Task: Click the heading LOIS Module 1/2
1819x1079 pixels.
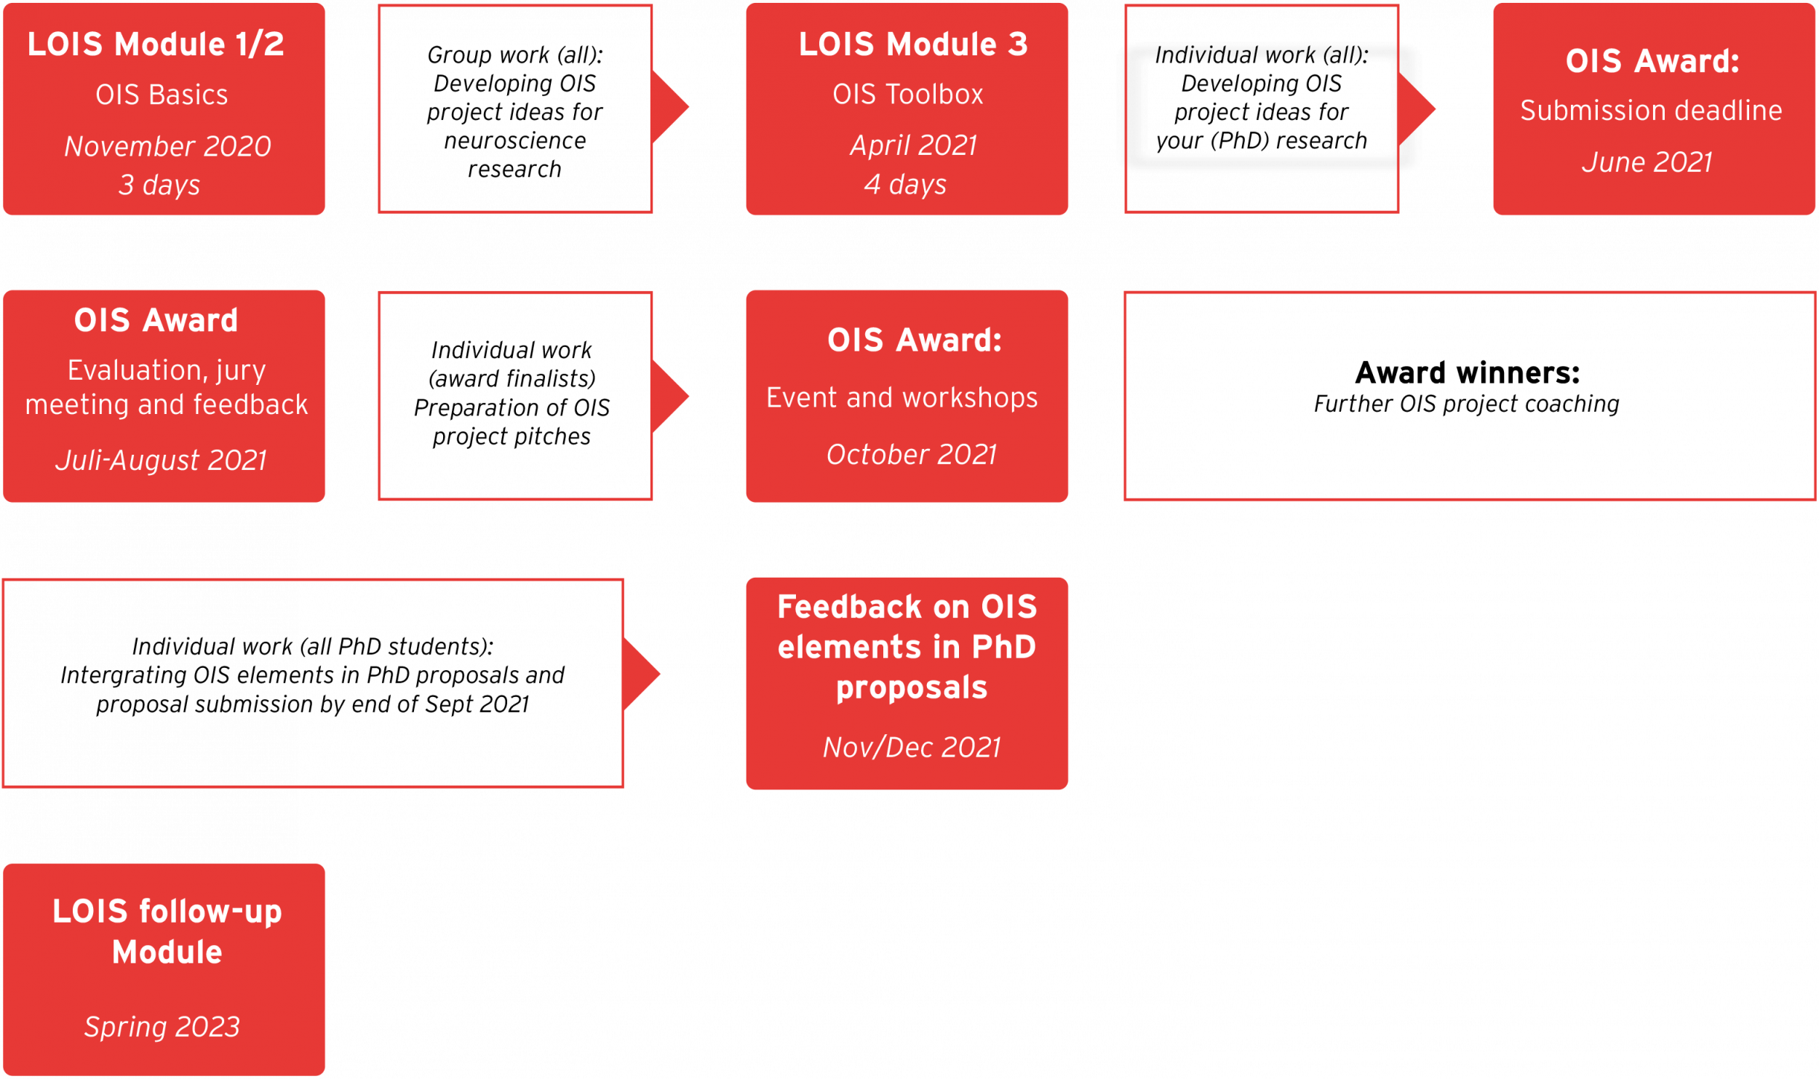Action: pos(156,44)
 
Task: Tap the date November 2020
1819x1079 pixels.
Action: pos(167,146)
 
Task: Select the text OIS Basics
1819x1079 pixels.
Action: pos(162,95)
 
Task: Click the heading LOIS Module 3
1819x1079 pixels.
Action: pos(913,44)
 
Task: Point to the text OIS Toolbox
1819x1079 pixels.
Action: pos(907,95)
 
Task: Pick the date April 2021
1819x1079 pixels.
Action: pos(913,146)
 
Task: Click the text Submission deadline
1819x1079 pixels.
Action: pos(1651,111)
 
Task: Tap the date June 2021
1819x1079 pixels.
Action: pos(1647,162)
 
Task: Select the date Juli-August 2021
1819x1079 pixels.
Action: pos(162,460)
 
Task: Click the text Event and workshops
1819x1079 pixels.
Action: pos(902,398)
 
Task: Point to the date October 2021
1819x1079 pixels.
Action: pos(911,455)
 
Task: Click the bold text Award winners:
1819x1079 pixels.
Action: pos(1468,373)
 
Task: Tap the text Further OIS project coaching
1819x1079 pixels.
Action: pos(1467,404)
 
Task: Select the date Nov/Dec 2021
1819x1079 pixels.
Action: pos(912,747)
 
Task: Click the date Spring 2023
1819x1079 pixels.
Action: pos(162,1027)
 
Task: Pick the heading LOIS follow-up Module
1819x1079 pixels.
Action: pos(167,931)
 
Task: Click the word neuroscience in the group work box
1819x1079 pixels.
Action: pos(515,140)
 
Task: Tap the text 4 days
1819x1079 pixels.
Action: pos(905,185)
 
